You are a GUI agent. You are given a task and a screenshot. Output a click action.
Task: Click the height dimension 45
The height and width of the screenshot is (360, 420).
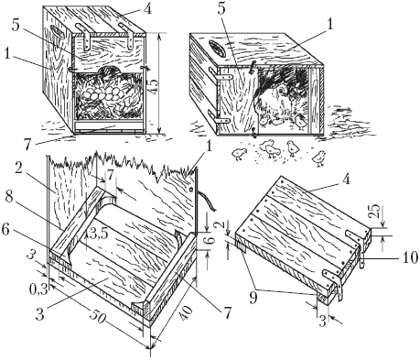[x=153, y=86]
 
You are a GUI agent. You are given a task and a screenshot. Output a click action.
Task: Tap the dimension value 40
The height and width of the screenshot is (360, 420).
[x=187, y=312]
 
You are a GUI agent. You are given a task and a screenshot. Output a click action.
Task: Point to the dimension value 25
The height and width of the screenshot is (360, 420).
[x=374, y=211]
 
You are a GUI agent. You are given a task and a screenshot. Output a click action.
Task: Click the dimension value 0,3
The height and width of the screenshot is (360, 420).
[x=38, y=289]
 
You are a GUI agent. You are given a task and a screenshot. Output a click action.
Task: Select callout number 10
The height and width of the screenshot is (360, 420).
[x=409, y=258]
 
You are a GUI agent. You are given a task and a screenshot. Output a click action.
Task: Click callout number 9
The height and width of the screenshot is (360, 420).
[x=253, y=298]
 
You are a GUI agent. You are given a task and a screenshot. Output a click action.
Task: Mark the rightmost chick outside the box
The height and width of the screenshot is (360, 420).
[x=318, y=158]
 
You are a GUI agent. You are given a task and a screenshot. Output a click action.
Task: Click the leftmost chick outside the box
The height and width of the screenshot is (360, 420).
[x=239, y=154]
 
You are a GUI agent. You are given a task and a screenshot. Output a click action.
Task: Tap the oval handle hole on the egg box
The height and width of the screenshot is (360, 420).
[x=57, y=31]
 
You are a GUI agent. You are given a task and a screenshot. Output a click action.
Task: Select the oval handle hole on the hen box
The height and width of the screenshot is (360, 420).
[x=218, y=49]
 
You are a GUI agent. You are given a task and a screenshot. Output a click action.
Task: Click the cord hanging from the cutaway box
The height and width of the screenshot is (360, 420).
[x=207, y=201]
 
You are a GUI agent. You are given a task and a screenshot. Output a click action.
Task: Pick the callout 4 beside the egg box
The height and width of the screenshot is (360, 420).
[x=147, y=9]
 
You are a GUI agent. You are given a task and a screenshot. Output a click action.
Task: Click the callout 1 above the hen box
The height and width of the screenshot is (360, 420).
[x=330, y=24]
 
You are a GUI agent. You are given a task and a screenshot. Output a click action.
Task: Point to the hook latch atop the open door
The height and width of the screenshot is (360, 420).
[x=252, y=67]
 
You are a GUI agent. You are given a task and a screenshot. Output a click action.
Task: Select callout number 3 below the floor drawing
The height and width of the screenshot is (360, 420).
[x=39, y=315]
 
